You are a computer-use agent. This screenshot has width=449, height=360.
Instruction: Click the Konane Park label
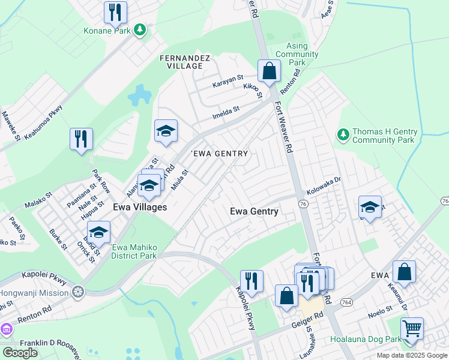tap(109, 30)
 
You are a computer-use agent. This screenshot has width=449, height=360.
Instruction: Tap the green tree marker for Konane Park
tap(140, 29)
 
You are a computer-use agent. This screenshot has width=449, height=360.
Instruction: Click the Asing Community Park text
tap(297, 54)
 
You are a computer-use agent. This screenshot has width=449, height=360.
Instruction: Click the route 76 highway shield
tap(303, 205)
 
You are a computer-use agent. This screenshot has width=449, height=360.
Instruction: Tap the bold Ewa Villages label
tap(140, 206)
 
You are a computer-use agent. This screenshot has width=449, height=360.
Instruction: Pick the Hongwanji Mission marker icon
tap(77, 292)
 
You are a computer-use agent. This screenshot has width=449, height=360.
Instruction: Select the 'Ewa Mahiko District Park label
tap(133, 251)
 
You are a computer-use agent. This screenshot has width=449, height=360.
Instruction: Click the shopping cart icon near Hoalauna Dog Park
tap(412, 328)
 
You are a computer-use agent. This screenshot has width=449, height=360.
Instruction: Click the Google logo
tap(20, 352)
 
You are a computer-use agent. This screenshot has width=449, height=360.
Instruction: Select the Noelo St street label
tap(379, 310)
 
